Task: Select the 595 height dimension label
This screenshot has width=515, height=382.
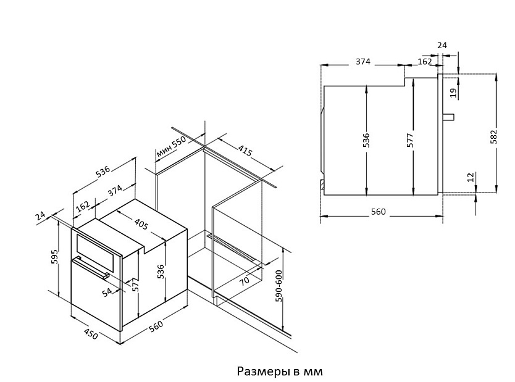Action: pos(54,257)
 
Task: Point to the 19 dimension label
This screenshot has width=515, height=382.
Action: pos(453,93)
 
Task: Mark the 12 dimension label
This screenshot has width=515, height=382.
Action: pos(471,178)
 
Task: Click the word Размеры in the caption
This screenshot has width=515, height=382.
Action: pos(261,372)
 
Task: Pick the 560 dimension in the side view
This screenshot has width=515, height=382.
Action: pos(378,212)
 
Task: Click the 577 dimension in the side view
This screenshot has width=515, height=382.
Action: pos(410,139)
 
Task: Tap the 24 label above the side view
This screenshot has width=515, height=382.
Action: pos(442,46)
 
